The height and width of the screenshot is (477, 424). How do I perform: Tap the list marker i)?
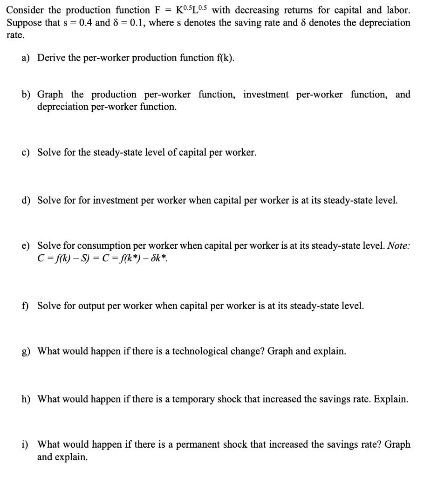click(25, 445)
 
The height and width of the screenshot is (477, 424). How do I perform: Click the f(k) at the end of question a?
click(224, 58)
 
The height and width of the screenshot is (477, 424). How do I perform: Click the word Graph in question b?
click(50, 95)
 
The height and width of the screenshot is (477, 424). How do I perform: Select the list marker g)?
click(26, 351)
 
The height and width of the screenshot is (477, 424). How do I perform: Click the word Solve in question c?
click(48, 152)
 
